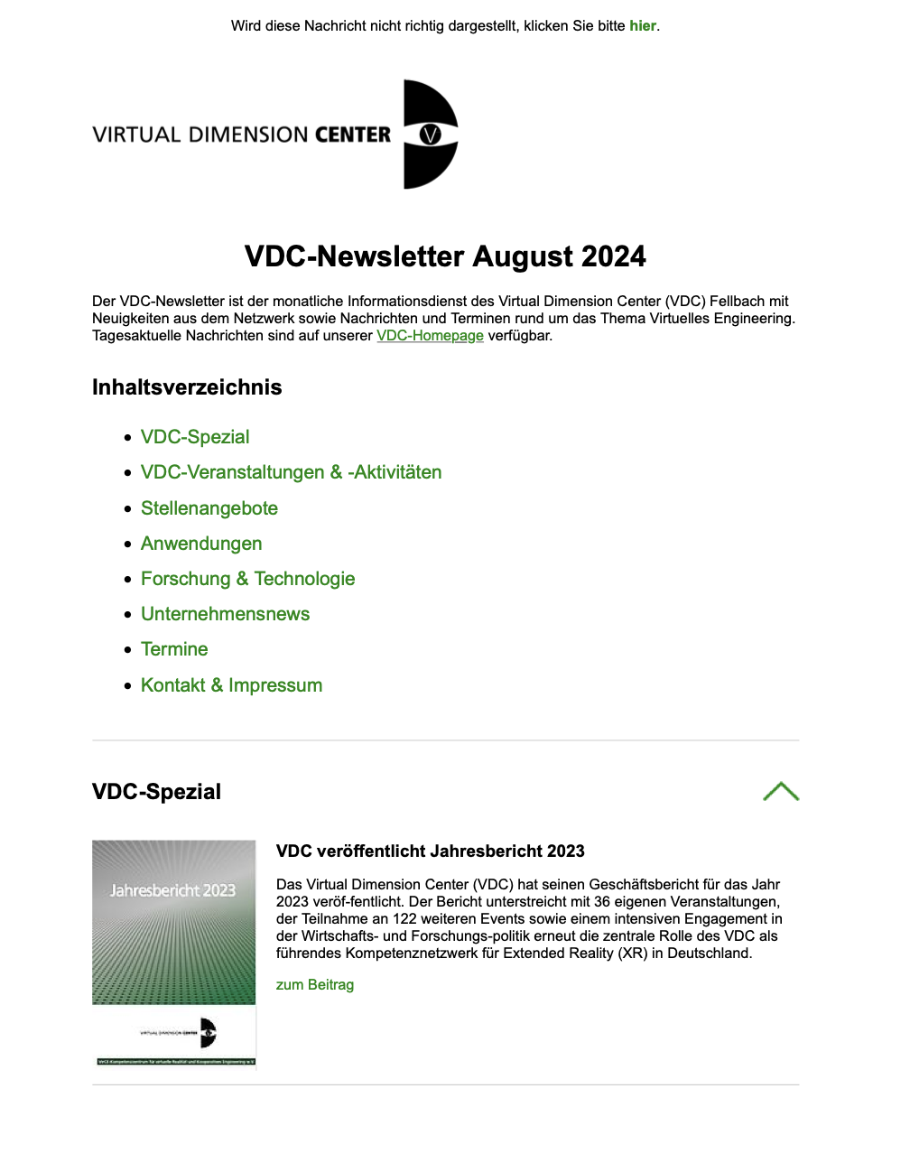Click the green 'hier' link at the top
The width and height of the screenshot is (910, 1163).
tap(643, 26)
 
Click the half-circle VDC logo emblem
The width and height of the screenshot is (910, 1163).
tap(430, 135)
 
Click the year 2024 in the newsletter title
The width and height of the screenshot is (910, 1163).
tap(614, 256)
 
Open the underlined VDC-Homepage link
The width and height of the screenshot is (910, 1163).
tap(430, 336)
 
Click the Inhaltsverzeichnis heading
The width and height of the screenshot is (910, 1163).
tap(187, 387)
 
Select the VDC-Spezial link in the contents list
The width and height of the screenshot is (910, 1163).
tap(195, 437)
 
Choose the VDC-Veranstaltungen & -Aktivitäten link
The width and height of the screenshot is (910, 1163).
tap(291, 472)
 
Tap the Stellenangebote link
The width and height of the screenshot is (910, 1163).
tap(209, 508)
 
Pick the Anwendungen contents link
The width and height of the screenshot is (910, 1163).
tap(201, 544)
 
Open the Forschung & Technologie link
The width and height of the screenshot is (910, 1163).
tap(248, 579)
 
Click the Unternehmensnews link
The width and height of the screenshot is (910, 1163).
tap(226, 614)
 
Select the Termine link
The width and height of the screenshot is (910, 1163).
tap(174, 649)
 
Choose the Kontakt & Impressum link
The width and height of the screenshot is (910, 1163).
tap(231, 685)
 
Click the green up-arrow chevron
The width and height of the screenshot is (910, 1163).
tap(781, 792)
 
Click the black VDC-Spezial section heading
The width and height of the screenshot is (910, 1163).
tap(156, 792)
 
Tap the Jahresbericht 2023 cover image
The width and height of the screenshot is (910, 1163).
tap(174, 953)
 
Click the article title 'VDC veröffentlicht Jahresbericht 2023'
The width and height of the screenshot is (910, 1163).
tap(431, 851)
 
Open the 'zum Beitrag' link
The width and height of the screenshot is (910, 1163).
tap(315, 985)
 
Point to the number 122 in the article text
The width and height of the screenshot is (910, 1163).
tap(405, 919)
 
